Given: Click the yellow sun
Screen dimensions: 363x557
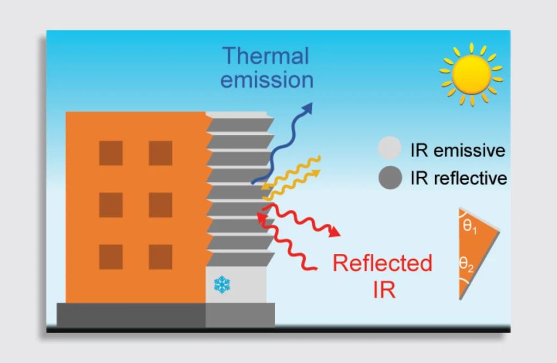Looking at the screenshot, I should [471, 74].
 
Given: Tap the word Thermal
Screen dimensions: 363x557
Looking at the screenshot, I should [266, 56].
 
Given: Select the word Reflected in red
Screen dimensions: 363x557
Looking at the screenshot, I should [382, 264].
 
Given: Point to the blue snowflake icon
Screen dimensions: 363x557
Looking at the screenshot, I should [222, 283].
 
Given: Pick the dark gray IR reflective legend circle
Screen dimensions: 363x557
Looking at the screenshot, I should [389, 178].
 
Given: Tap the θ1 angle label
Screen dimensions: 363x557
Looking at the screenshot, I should [469, 227].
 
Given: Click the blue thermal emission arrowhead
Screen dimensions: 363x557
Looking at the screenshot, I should [308, 108].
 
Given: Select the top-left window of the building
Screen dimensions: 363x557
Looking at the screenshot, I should [110, 153].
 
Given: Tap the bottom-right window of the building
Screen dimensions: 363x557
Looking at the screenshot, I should [160, 257].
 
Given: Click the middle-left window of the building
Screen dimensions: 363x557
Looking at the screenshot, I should [110, 205].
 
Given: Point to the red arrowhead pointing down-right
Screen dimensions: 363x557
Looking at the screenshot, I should [335, 233].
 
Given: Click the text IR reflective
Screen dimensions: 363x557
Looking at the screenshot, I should [459, 178].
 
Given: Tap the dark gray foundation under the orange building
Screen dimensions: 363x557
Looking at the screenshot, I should [131, 315].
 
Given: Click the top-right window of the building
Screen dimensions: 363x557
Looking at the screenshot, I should [160, 153].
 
